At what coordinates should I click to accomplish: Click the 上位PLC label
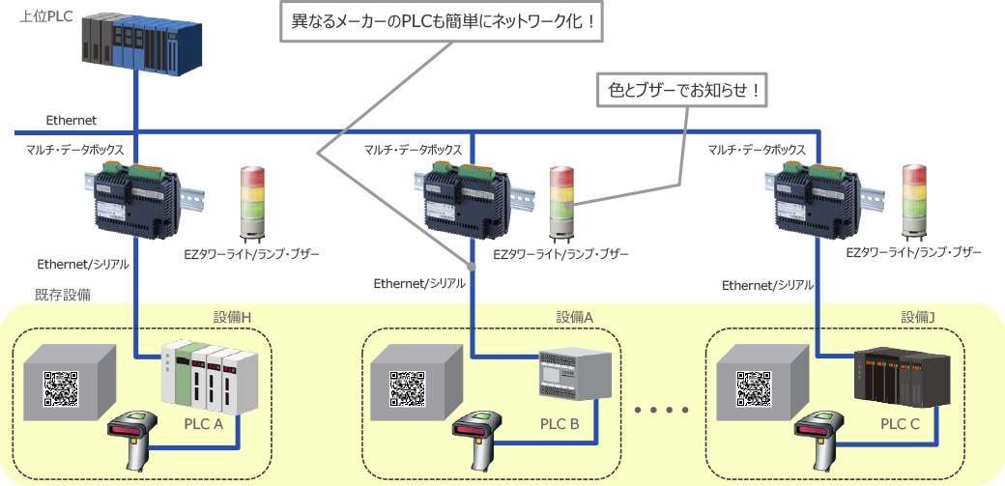(x=40, y=17)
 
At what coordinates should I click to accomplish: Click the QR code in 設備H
(x=61, y=388)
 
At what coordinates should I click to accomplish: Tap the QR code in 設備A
(x=407, y=388)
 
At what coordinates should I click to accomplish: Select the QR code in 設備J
(x=754, y=388)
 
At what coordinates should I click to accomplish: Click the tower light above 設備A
(x=561, y=203)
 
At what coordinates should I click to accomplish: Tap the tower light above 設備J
(x=913, y=203)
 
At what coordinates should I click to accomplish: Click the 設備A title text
(x=574, y=316)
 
